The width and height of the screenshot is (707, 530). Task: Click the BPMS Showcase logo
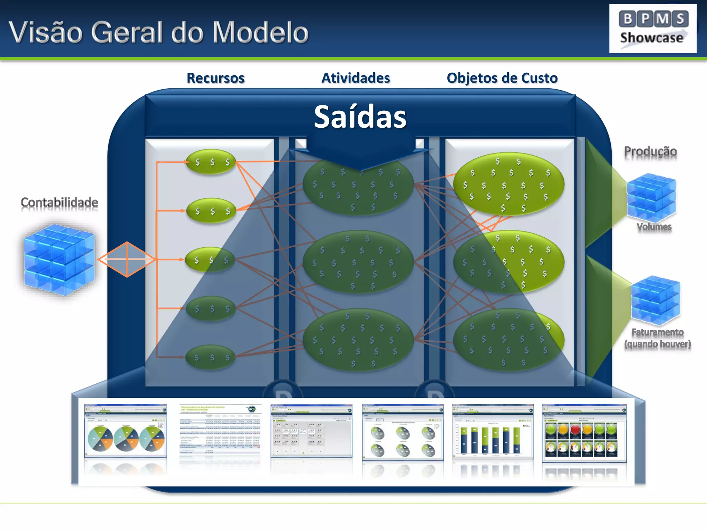[x=652, y=29]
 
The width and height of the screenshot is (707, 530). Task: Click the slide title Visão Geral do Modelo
[x=158, y=32]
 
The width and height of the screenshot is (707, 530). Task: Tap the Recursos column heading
[x=215, y=78]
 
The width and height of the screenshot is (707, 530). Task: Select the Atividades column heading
[x=356, y=78]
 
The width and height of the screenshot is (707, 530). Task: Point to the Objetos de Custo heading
[x=502, y=78]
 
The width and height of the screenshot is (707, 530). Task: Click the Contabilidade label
[x=59, y=202]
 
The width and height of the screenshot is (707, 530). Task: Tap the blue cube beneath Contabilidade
[x=59, y=259]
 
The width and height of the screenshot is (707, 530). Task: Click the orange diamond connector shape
[x=127, y=259]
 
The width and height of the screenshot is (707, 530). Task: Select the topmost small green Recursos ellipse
[x=211, y=161]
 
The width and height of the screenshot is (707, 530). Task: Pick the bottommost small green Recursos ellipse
[x=210, y=357]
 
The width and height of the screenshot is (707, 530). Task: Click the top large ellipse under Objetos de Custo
[x=509, y=184]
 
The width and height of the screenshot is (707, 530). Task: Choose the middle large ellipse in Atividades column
[x=358, y=262]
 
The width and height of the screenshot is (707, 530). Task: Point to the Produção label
[x=650, y=151]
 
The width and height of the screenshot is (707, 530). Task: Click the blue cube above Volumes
[x=651, y=197]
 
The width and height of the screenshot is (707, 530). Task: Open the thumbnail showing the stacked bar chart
[x=493, y=432]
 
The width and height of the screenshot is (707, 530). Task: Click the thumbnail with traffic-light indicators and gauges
[x=584, y=433]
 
